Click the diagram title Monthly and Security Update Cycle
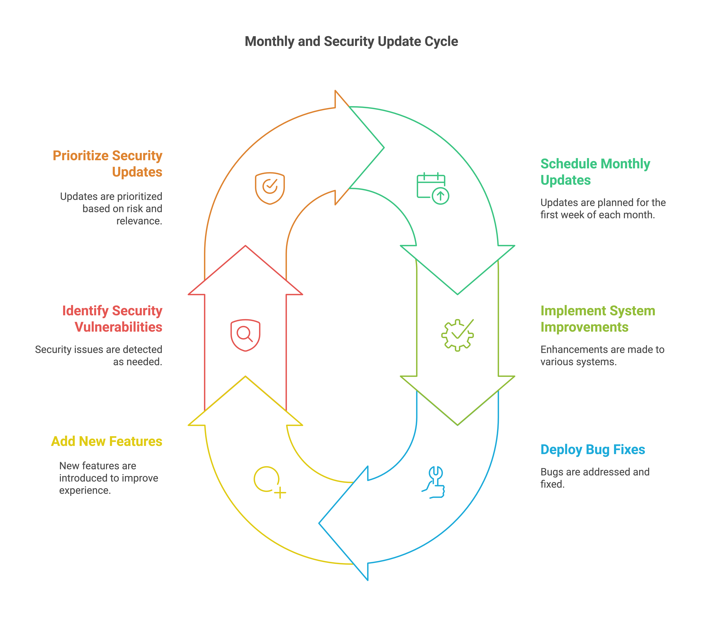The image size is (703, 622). pos(351,41)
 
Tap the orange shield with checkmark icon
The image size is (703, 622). pos(270,188)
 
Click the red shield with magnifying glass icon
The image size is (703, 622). pos(245,335)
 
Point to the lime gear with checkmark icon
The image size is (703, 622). pos(457,335)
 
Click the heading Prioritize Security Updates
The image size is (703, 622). pos(107,163)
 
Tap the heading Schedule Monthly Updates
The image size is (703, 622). pos(595,172)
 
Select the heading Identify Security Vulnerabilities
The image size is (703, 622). pos(112,319)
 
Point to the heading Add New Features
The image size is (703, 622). pos(107,441)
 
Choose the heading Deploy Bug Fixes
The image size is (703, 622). pos(593,450)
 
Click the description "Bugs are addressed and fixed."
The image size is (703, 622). pos(595,478)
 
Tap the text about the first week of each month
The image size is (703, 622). pos(603,209)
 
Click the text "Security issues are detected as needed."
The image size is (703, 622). pos(99,356)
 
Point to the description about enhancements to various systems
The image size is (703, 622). pos(602,356)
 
